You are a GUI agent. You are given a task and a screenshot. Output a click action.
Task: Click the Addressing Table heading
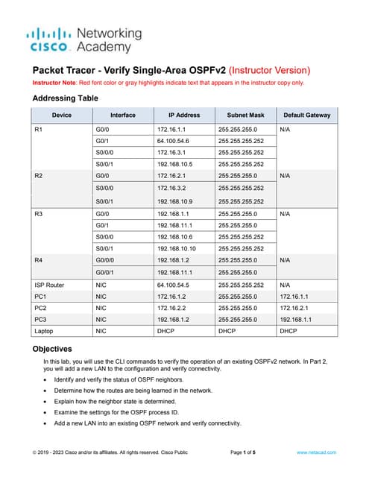pos(66,98)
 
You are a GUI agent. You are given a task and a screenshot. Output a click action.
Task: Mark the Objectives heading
pos(52,349)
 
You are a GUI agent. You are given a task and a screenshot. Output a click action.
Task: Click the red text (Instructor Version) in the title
pos(271,70)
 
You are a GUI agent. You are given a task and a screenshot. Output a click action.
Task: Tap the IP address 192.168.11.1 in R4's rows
pos(177,273)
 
